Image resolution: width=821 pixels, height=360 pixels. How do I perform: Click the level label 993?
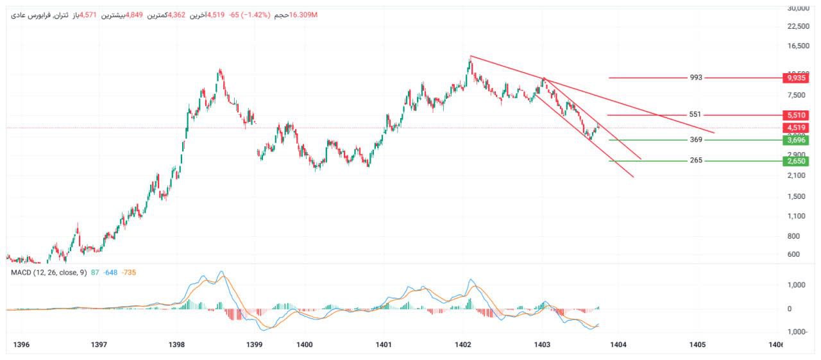pyautogui.click(x=696, y=78)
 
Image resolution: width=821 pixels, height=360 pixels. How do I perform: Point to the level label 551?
pyautogui.click(x=695, y=115)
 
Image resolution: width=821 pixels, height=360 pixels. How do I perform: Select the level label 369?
pyautogui.click(x=696, y=140)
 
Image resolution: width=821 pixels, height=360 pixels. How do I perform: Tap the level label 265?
pyautogui.click(x=696, y=160)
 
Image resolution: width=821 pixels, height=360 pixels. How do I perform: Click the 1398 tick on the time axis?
pyautogui.click(x=176, y=345)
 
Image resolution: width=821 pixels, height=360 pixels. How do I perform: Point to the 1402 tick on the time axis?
pyautogui.click(x=463, y=345)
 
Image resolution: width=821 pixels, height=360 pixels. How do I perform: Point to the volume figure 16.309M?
pyautogui.click(x=303, y=15)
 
